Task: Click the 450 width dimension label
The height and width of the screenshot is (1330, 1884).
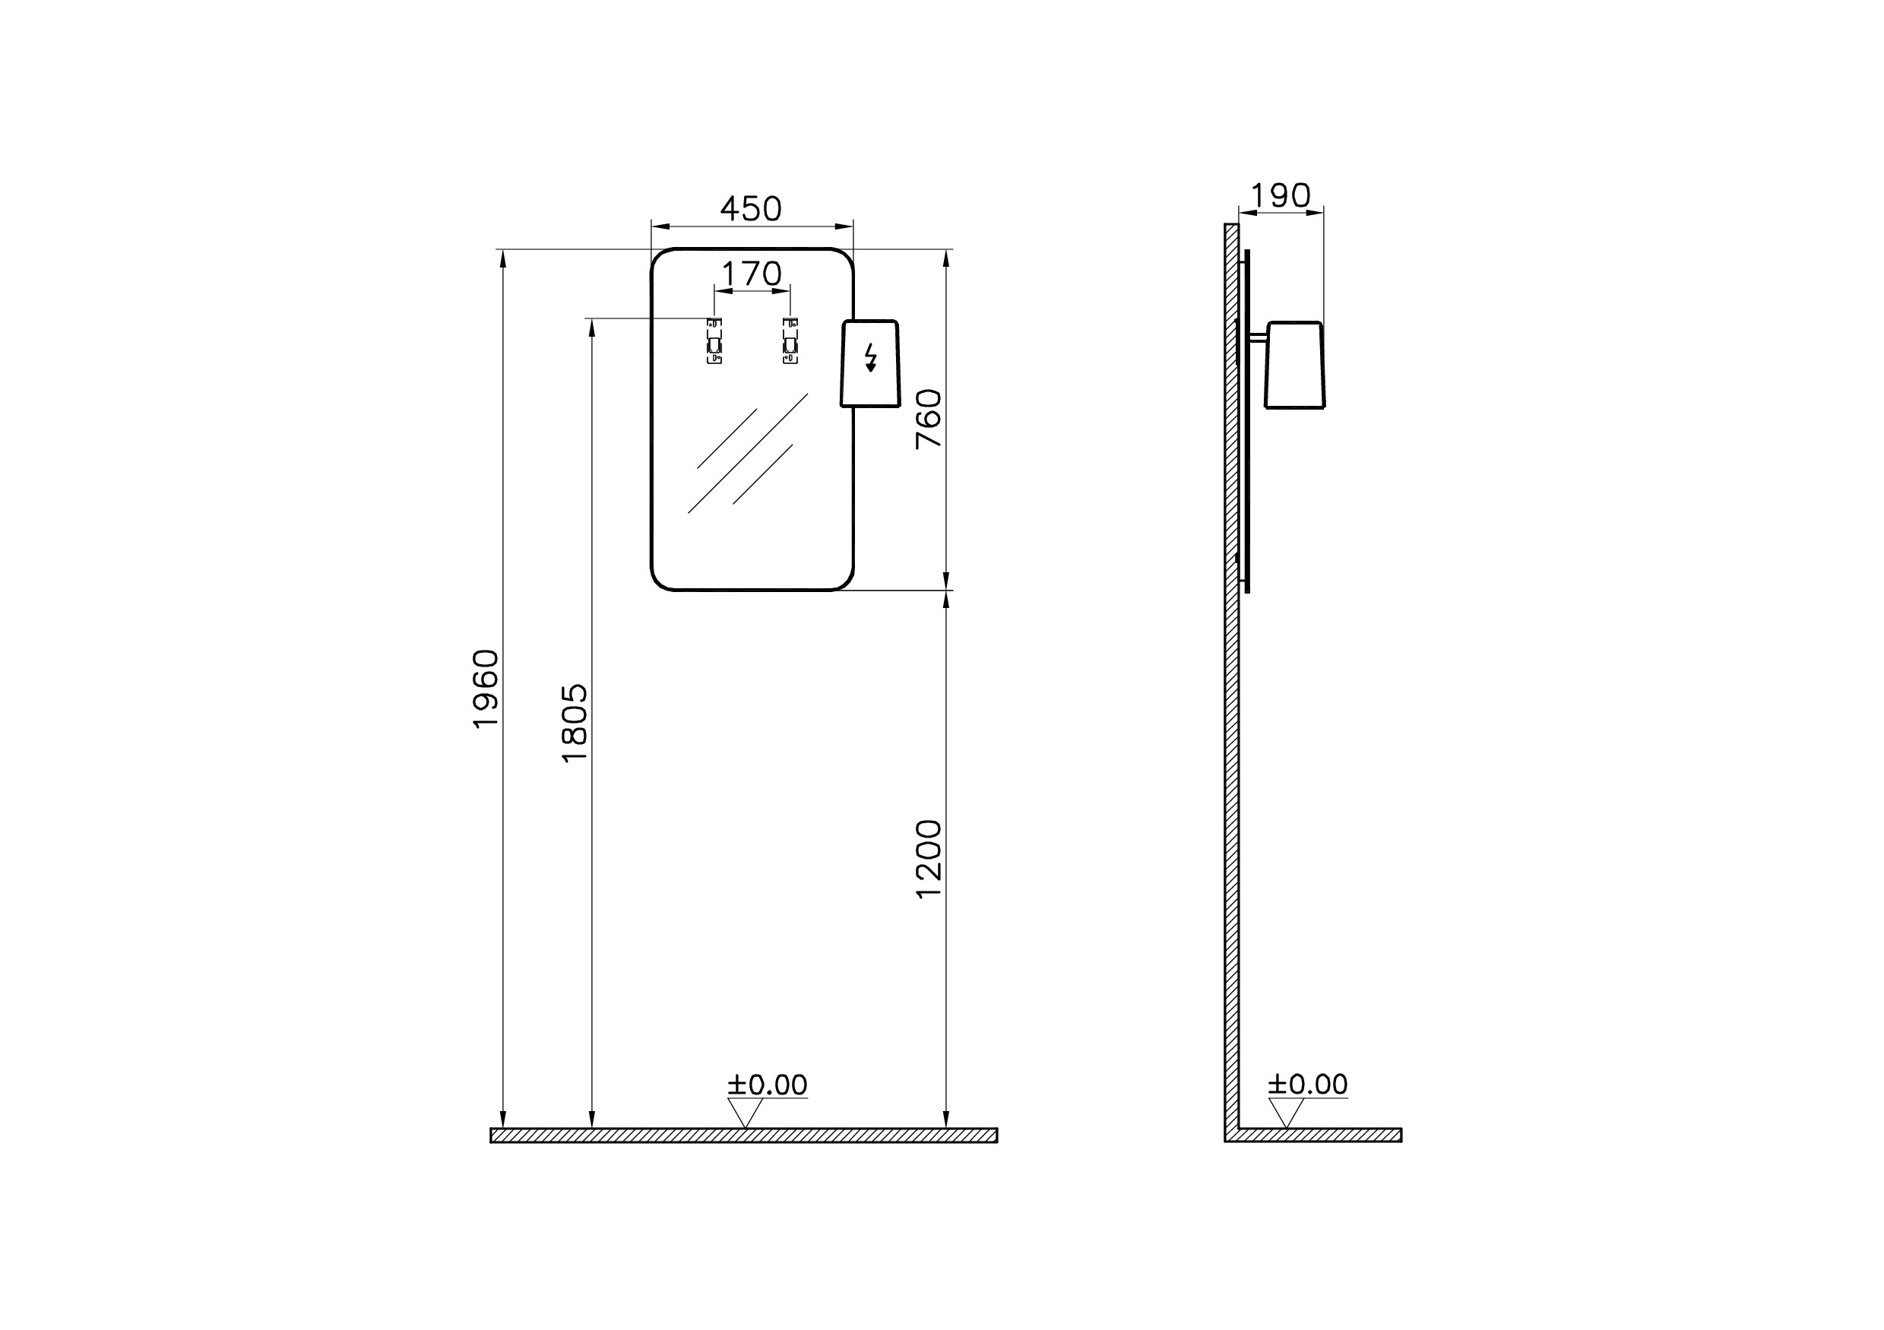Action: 751,209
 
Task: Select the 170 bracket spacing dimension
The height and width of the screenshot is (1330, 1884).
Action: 752,274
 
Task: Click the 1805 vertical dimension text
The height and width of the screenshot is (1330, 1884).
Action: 575,724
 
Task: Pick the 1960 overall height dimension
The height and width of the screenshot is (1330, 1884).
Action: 486,689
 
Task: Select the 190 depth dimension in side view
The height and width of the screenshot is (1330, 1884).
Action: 1280,196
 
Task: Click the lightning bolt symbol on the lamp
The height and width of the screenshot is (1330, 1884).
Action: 871,359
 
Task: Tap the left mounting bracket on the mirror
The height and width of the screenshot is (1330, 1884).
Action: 714,340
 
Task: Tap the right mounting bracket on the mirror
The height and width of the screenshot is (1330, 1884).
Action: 790,340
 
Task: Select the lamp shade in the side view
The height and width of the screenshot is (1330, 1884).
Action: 1295,365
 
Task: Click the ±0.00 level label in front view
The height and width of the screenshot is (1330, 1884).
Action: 768,1085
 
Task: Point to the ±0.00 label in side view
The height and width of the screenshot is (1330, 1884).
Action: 1307,1085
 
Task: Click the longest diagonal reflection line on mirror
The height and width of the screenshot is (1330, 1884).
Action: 748,454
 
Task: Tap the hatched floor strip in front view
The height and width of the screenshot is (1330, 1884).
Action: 743,1135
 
